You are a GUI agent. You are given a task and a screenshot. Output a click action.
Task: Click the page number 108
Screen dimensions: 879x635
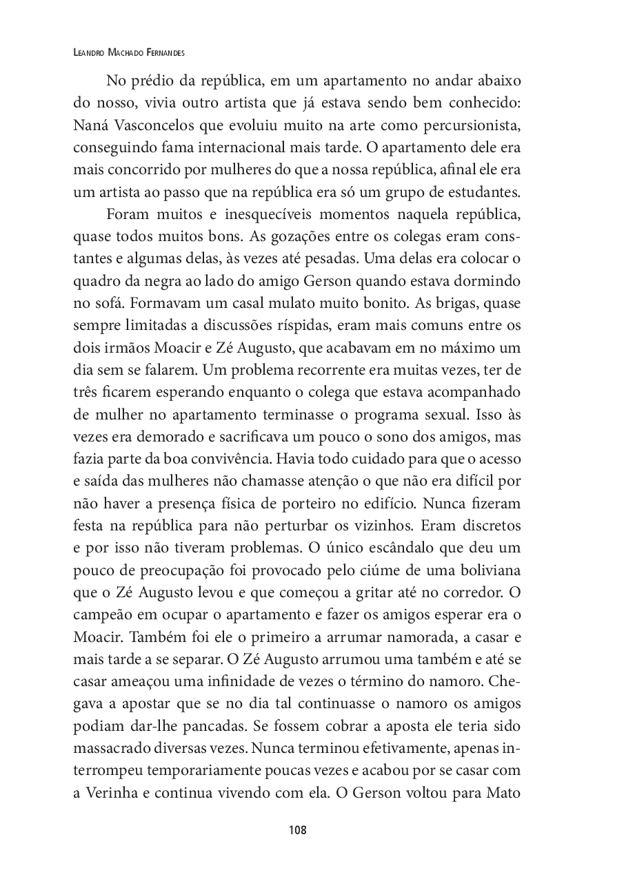tap(298, 830)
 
